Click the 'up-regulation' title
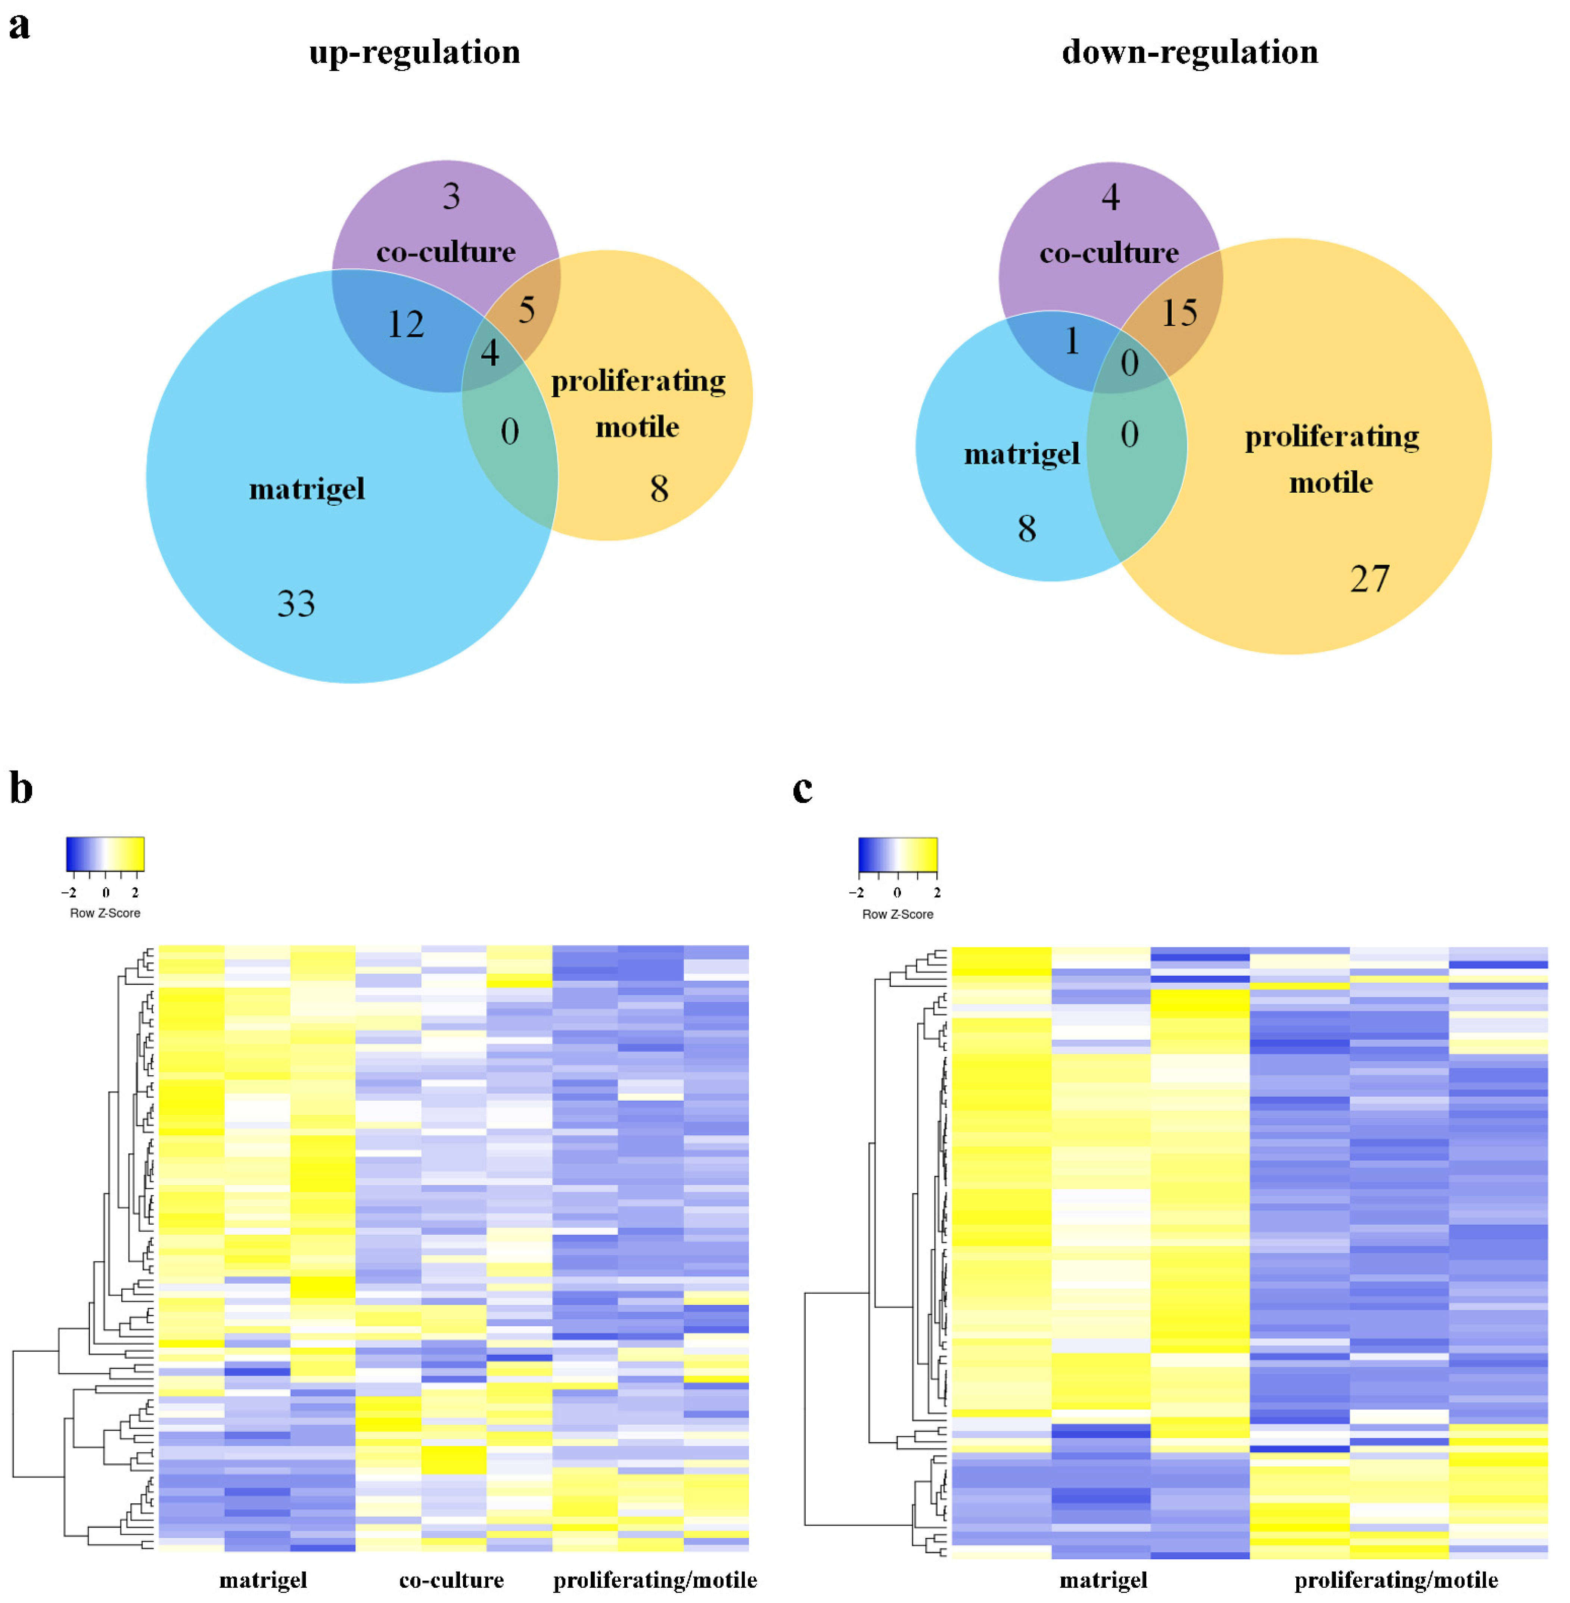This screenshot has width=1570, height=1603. (415, 52)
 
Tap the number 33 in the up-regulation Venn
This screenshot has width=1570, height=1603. (296, 604)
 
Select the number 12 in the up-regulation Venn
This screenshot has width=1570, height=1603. (406, 324)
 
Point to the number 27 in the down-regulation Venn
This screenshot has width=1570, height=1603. (1370, 579)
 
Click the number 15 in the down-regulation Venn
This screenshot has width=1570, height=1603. (1179, 313)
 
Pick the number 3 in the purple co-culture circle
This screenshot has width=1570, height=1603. (451, 196)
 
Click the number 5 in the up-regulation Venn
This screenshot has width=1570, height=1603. (526, 310)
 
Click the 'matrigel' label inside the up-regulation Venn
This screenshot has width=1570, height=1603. (307, 489)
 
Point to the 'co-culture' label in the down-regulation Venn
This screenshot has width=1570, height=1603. (1109, 252)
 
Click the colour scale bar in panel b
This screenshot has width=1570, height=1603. (106, 854)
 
